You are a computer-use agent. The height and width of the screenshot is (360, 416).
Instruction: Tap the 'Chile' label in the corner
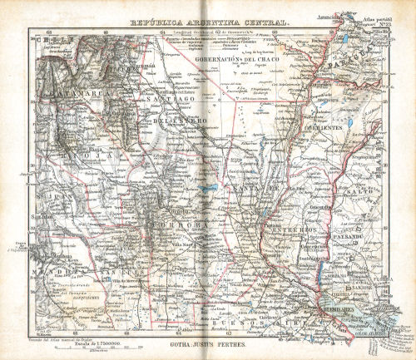click(47, 39)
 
